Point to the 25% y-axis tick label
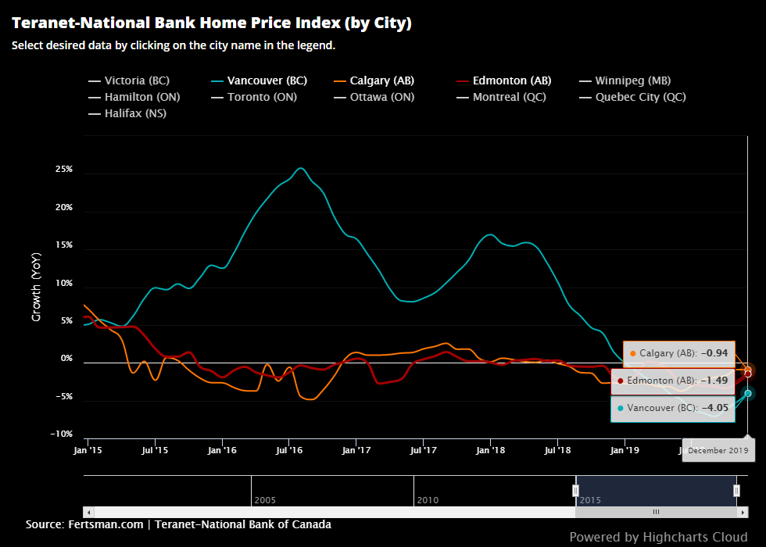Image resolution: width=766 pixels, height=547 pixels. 63,170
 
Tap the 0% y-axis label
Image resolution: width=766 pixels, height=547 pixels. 66,359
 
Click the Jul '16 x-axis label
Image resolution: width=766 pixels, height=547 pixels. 289,450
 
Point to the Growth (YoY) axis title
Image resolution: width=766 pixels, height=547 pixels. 36,287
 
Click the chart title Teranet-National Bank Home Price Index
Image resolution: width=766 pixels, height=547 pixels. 211,23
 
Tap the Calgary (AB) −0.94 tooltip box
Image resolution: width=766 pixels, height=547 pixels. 678,353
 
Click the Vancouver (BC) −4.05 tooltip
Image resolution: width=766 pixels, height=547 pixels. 672,408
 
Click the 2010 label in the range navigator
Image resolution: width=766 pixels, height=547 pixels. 428,499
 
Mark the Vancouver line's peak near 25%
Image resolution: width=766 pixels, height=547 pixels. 301,168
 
